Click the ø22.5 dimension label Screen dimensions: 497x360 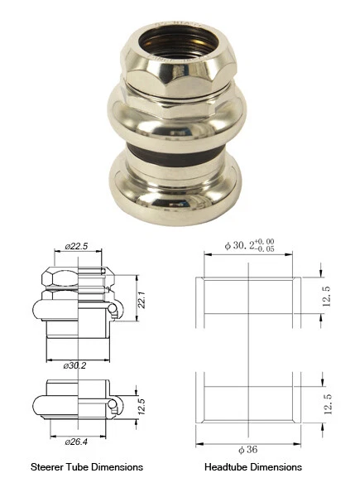75,246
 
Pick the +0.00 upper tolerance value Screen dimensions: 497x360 266,242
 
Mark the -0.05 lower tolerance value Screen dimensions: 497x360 266,249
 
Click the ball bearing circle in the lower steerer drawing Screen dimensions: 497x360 114,403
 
